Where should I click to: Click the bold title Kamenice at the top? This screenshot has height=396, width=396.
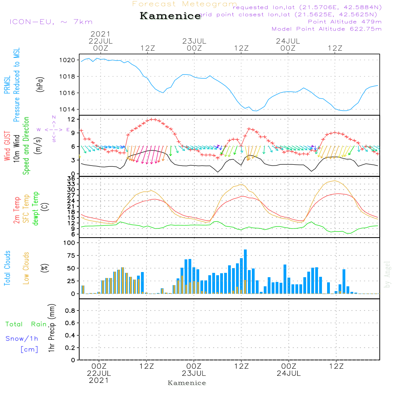[170, 16]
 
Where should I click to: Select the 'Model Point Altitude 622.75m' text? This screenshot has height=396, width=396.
[327, 29]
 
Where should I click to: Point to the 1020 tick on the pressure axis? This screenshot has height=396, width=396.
[68, 60]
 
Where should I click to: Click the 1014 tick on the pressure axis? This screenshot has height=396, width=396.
[68, 109]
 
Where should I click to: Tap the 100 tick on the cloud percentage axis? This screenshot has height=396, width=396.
[69, 243]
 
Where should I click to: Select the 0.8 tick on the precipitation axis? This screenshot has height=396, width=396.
[70, 311]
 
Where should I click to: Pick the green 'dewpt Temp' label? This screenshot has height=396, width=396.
[36, 209]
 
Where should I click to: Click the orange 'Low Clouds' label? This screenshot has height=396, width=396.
[27, 268]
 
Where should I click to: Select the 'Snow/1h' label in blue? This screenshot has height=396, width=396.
[22, 339]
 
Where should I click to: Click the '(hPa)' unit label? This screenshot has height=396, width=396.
[40, 84]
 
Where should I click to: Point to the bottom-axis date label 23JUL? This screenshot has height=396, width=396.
[194, 373]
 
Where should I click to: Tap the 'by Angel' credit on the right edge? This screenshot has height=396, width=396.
[388, 274]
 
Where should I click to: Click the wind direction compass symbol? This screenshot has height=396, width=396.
[53, 129]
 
